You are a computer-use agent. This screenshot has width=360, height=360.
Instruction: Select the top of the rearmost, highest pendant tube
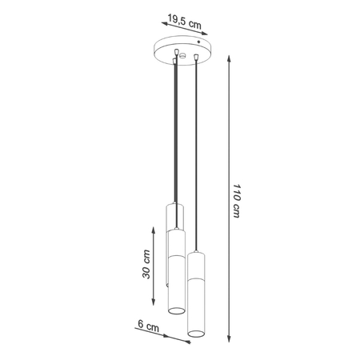[x=174, y=206]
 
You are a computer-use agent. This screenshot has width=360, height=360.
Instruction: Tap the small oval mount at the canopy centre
[x=184, y=56]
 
